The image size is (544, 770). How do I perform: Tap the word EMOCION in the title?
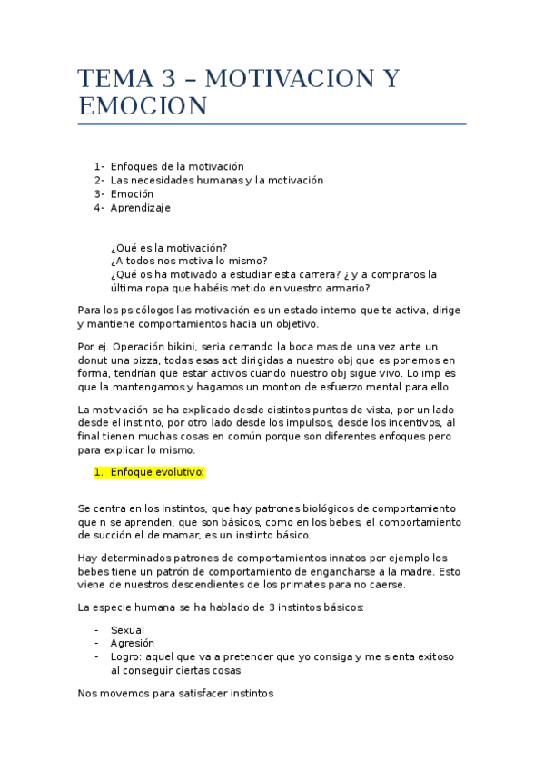(143, 107)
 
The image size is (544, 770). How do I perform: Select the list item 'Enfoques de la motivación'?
(177, 166)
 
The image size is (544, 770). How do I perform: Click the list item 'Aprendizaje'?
(140, 207)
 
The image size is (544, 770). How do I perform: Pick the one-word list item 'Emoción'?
(132, 193)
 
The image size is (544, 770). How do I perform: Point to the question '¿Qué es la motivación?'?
(168, 248)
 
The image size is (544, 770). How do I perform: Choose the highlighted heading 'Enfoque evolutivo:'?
(157, 472)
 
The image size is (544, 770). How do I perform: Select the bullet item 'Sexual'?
(127, 629)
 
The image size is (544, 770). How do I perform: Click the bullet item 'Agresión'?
(133, 643)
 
